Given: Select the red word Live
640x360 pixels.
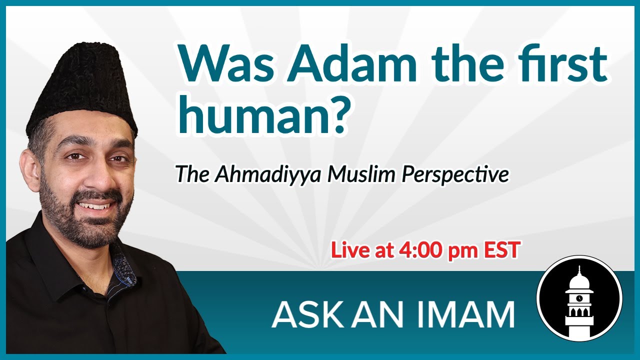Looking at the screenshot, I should coord(349,250).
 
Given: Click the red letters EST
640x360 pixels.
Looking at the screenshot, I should coord(501,250).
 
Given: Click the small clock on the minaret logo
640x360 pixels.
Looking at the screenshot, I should coord(579,298).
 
